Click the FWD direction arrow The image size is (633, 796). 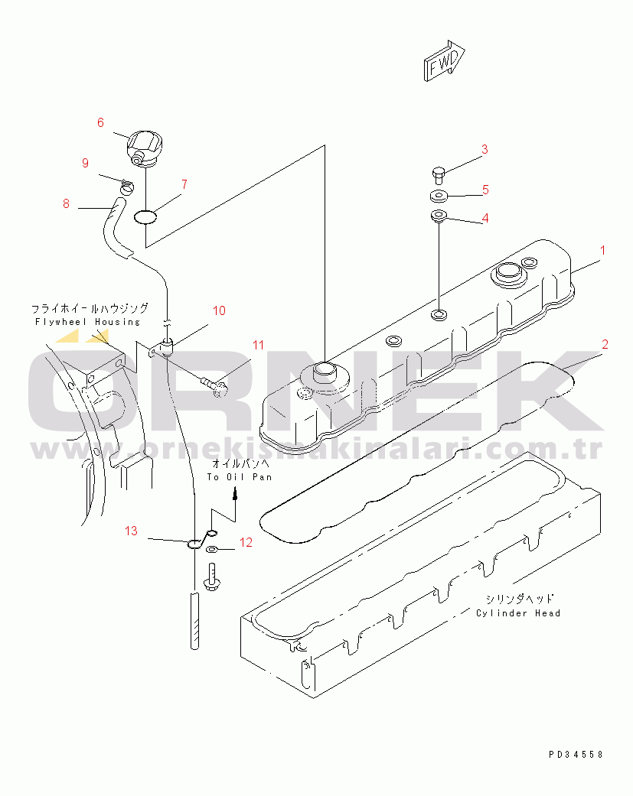pos(444,60)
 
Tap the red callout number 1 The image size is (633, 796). pos(603,250)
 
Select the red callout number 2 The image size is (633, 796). pos(605,344)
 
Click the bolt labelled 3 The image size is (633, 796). pos(439,176)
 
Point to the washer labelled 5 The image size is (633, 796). pos(439,195)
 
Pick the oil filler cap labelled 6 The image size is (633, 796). pos(144,148)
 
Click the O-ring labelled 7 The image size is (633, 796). pos(145,218)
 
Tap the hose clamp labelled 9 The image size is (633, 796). pos(127,187)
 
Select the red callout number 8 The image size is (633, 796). pos(66,203)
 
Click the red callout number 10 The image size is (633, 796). pos(219,310)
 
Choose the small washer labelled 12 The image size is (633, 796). pos(212,549)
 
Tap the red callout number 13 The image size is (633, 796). pos(131,531)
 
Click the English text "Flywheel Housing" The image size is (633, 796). pos(87,322)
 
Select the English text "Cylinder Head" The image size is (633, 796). pos(518,613)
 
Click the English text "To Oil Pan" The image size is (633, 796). pos(240,477)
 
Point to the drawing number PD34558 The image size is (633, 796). pos(576,755)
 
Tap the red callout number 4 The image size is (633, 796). pos(485,218)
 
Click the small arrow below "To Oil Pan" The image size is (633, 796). pos(235,493)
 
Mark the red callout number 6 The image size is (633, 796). pos(100,122)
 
